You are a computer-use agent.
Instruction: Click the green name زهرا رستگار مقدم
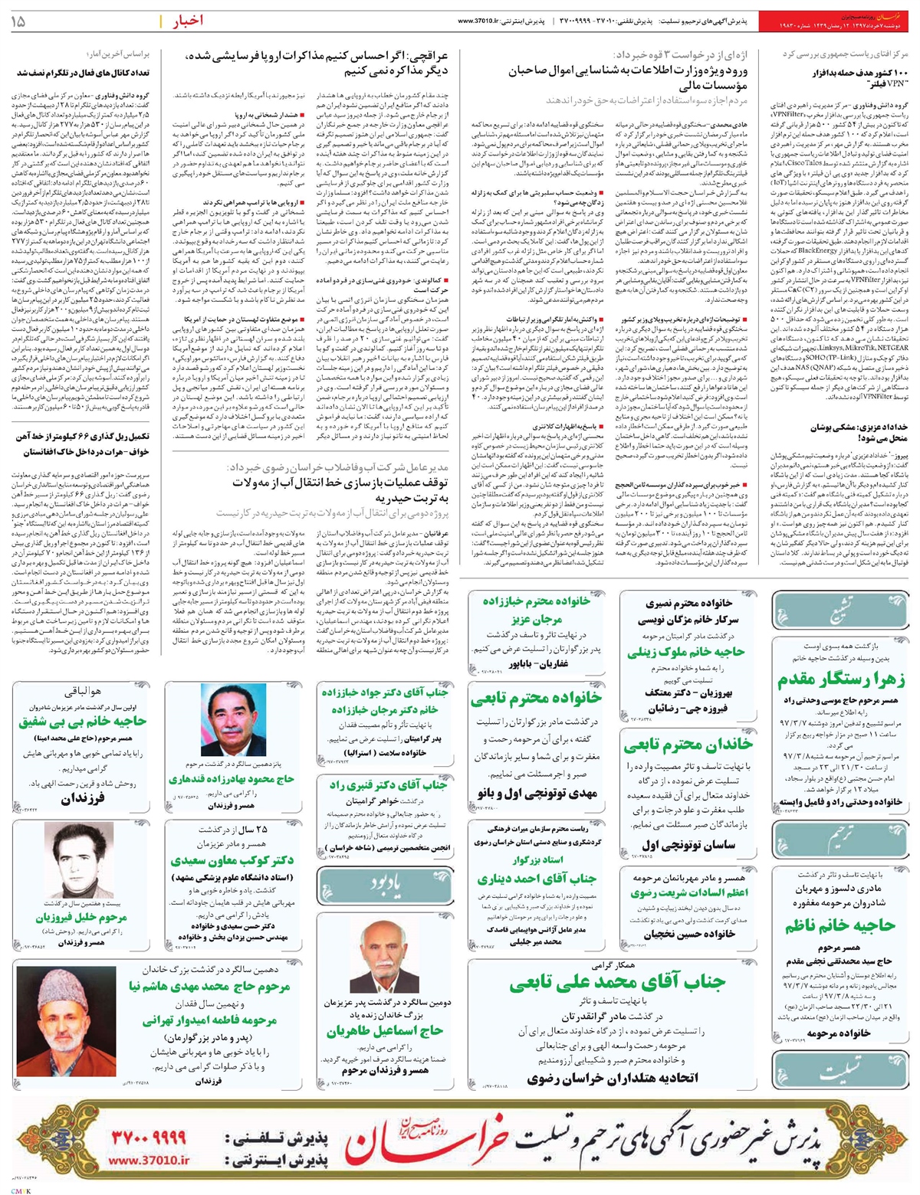point(840,679)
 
